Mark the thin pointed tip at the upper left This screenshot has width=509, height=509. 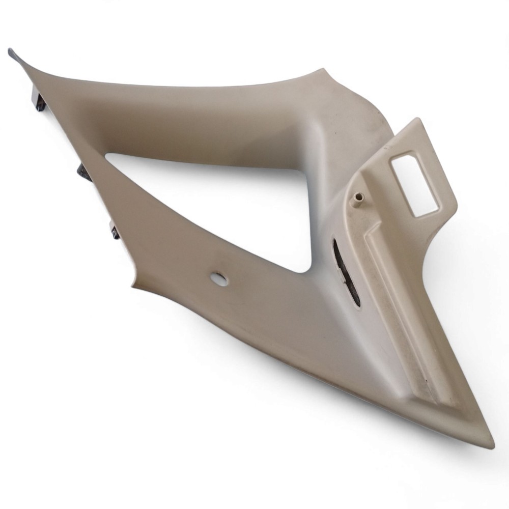tap(11, 51)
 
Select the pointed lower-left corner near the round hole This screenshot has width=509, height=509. tap(133, 282)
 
